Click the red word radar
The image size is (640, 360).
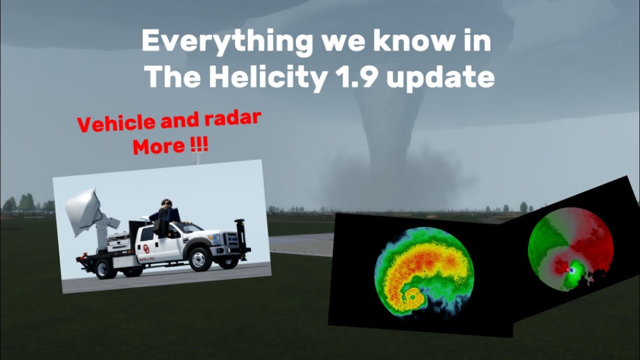click(233, 119)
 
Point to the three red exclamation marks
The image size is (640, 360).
click(199, 145)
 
